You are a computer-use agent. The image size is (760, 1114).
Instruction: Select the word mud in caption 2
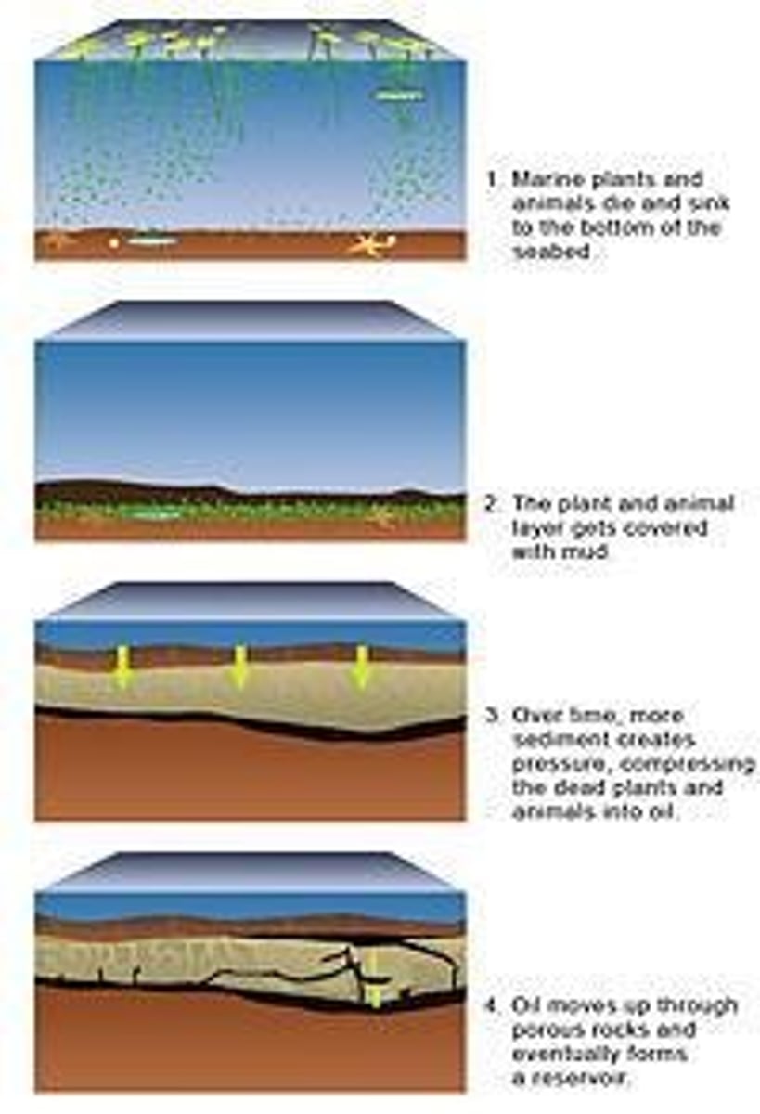point(587,552)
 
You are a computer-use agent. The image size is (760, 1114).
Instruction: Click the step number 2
point(492,503)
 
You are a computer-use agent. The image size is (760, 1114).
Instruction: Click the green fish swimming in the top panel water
point(399,95)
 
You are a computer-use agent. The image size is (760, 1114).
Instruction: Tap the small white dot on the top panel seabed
point(115,243)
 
